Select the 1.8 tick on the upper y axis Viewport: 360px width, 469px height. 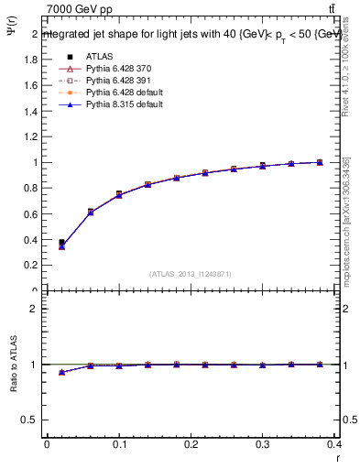(x=31, y=60)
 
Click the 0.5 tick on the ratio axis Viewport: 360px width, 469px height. (x=31, y=420)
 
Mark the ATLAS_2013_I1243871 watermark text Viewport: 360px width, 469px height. (x=191, y=274)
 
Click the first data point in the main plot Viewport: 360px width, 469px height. (x=61, y=244)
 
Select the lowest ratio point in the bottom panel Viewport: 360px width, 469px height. (x=61, y=372)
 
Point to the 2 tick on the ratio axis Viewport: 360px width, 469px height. (x=33, y=309)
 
